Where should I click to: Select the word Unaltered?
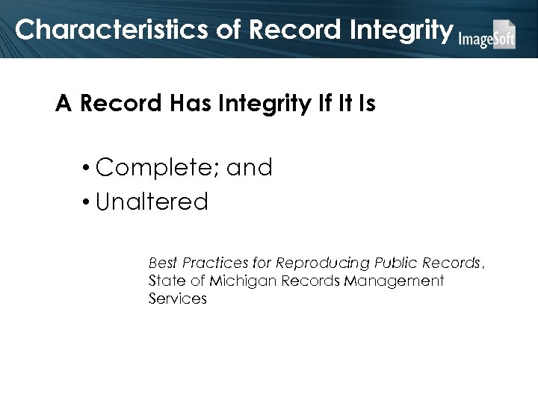pos(152,201)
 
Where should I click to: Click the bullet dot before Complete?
pos(88,168)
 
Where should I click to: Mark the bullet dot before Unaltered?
pos(88,201)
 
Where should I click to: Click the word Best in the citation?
pos(162,263)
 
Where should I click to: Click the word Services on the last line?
pos(177,299)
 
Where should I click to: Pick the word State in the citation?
pos(164,281)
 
